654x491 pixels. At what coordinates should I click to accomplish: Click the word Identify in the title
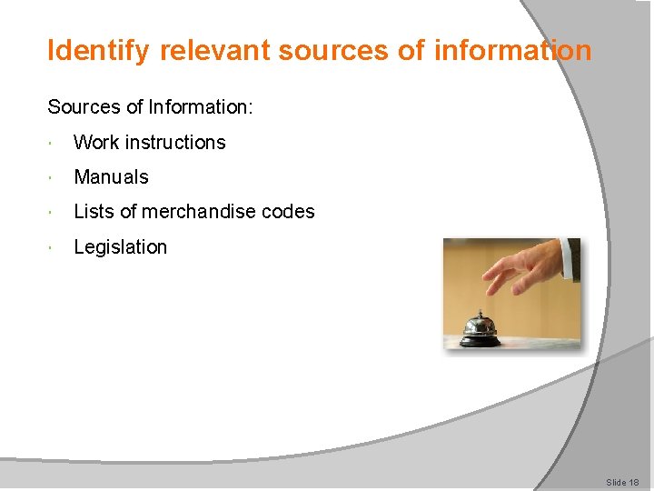click(x=99, y=51)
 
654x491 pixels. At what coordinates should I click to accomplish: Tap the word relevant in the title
click(x=215, y=51)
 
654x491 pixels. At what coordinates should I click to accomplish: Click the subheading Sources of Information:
click(x=150, y=107)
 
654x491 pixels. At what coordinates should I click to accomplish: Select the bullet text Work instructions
click(x=149, y=143)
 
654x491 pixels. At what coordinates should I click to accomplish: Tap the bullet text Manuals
click(x=111, y=177)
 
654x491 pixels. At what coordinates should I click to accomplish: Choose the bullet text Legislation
click(x=120, y=247)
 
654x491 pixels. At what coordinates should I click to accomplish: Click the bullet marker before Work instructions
click(x=55, y=144)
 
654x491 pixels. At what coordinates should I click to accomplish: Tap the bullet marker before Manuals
click(x=55, y=178)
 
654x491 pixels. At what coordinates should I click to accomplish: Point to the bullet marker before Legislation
click(x=55, y=248)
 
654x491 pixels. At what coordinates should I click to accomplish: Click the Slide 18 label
click(x=622, y=482)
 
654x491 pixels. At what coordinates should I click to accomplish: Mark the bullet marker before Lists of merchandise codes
click(x=55, y=213)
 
